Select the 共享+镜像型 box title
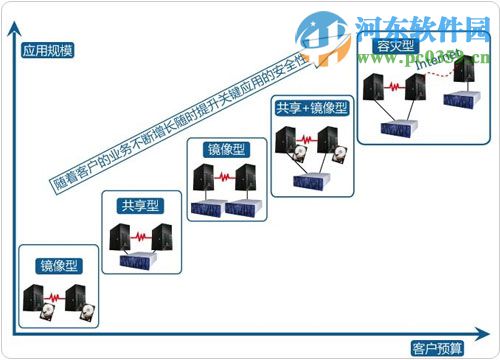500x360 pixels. [x=311, y=105]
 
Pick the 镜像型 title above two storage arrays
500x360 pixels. [x=227, y=150]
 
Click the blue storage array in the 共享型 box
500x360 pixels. [x=141, y=261]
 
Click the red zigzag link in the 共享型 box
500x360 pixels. [x=141, y=237]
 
